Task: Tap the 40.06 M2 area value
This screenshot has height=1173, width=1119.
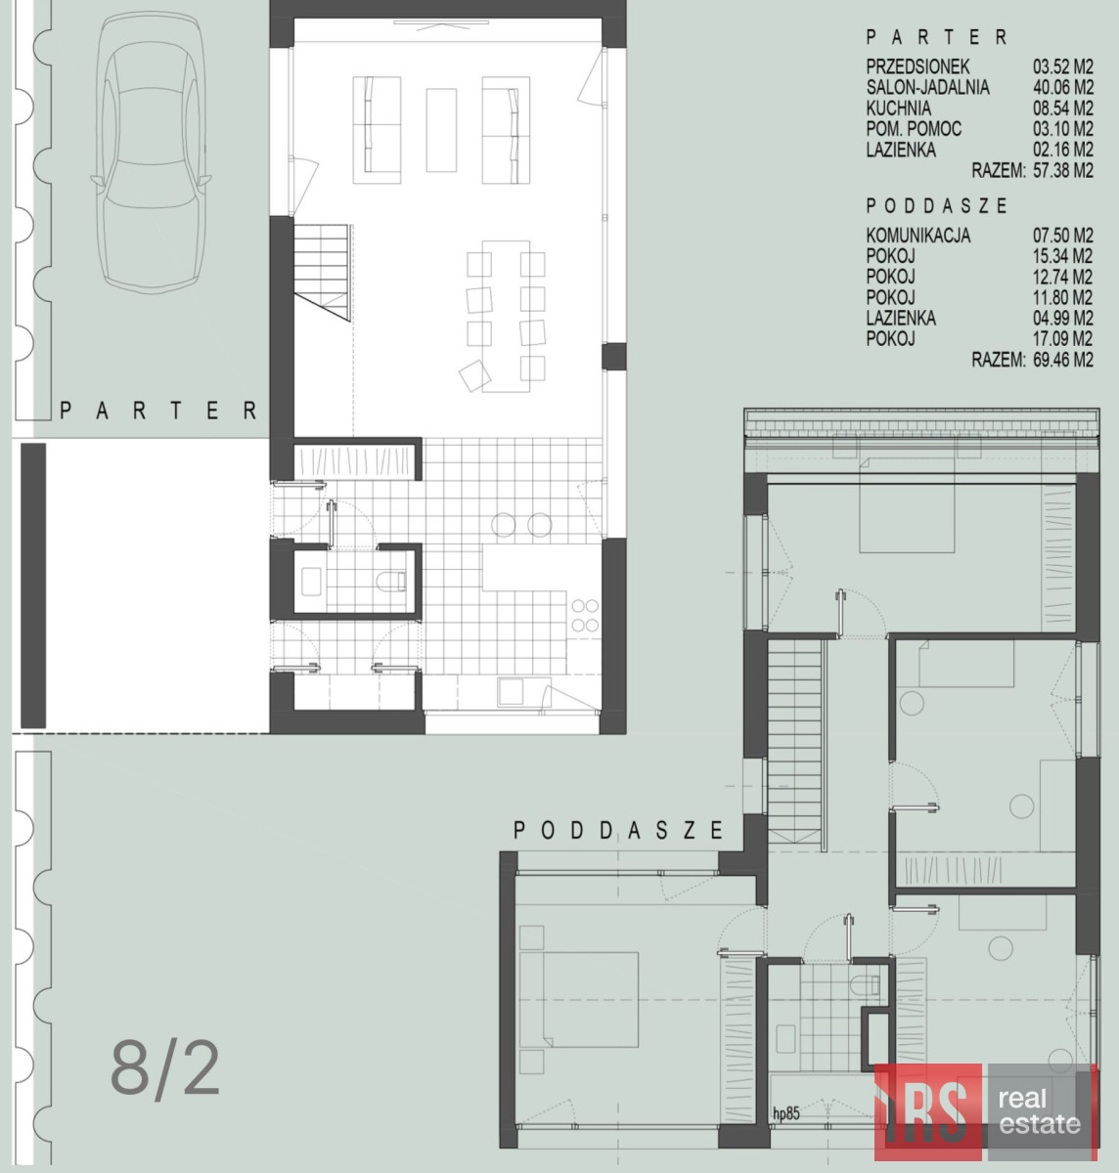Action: coord(1063,87)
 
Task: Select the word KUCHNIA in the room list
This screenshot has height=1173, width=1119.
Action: coord(899,108)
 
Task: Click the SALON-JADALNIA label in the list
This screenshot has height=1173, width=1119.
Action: coord(928,87)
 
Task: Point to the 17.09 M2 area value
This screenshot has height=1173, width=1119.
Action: coord(1063,339)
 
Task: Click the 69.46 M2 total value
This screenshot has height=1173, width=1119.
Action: coord(1063,360)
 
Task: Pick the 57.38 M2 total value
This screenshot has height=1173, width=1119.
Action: coord(1063,171)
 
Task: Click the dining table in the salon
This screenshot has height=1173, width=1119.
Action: coord(507,316)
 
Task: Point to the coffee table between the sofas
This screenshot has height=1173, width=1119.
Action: coord(441,130)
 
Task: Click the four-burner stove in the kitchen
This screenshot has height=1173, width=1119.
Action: coord(585,616)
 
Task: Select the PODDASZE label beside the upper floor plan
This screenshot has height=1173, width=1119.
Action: coord(618,831)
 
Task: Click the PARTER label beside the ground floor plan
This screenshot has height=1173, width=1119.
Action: coord(158,411)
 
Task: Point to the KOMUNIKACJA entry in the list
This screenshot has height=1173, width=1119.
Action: coord(918,236)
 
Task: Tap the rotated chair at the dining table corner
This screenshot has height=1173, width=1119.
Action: coord(474,376)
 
